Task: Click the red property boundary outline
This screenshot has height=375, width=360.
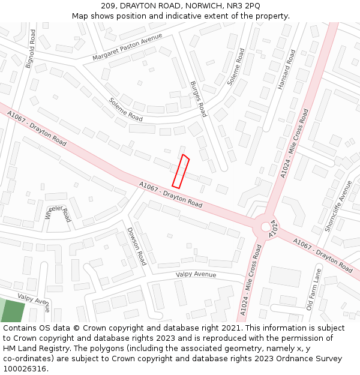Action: (x=181, y=171)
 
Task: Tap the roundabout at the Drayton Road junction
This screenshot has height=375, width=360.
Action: (x=265, y=227)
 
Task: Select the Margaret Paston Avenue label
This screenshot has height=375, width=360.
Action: (x=127, y=47)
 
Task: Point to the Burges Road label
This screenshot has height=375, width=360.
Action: (x=198, y=99)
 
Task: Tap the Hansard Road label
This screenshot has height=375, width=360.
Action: (x=286, y=70)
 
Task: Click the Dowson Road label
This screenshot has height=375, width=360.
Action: (x=136, y=246)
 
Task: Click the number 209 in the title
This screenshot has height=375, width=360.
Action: (x=109, y=5)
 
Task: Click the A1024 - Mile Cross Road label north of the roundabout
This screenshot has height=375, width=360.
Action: (x=295, y=143)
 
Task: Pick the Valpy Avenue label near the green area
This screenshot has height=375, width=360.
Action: (x=34, y=299)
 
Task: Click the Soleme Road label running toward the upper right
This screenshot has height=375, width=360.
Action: (x=236, y=67)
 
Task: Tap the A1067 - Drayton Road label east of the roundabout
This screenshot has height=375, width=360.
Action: (x=322, y=255)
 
